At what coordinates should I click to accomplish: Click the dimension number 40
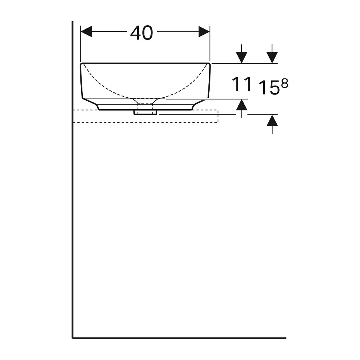pos(142,33)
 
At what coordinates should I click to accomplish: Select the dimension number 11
pos(242,84)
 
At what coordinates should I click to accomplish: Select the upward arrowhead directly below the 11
pos(242,105)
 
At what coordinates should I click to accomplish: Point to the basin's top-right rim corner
pos(209,64)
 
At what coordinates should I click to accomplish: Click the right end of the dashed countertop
pos(218,116)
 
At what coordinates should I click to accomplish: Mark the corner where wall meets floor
pos(73,338)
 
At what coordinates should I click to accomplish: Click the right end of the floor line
pos(286,338)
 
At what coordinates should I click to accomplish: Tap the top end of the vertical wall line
pos(72,22)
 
